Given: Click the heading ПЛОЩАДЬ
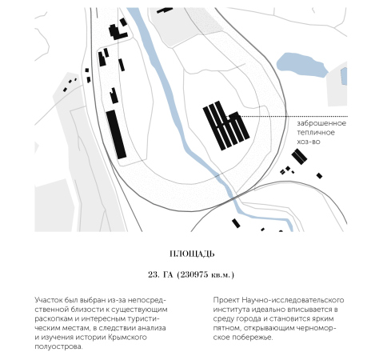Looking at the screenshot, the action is pyautogui.click(x=192, y=254).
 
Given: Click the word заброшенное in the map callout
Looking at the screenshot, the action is pyautogui.click(x=321, y=123).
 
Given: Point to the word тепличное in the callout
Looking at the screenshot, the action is pyautogui.click(x=316, y=133).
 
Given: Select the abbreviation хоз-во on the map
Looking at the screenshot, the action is pyautogui.click(x=309, y=142).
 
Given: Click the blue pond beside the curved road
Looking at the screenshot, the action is pyautogui.click(x=301, y=65).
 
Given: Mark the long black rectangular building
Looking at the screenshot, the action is pyautogui.click(x=116, y=134).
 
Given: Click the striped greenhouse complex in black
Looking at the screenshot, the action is pyautogui.click(x=226, y=126).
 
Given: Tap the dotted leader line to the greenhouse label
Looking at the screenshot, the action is pyautogui.click(x=293, y=117).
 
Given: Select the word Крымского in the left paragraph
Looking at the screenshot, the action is pyautogui.click(x=127, y=338).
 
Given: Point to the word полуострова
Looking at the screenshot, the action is pyautogui.click(x=58, y=346).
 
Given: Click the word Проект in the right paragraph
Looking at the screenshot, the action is pyautogui.click(x=226, y=300).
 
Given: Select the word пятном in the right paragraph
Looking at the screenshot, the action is pyautogui.click(x=226, y=328).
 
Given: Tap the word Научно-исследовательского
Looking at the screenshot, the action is pyautogui.click(x=293, y=300).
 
